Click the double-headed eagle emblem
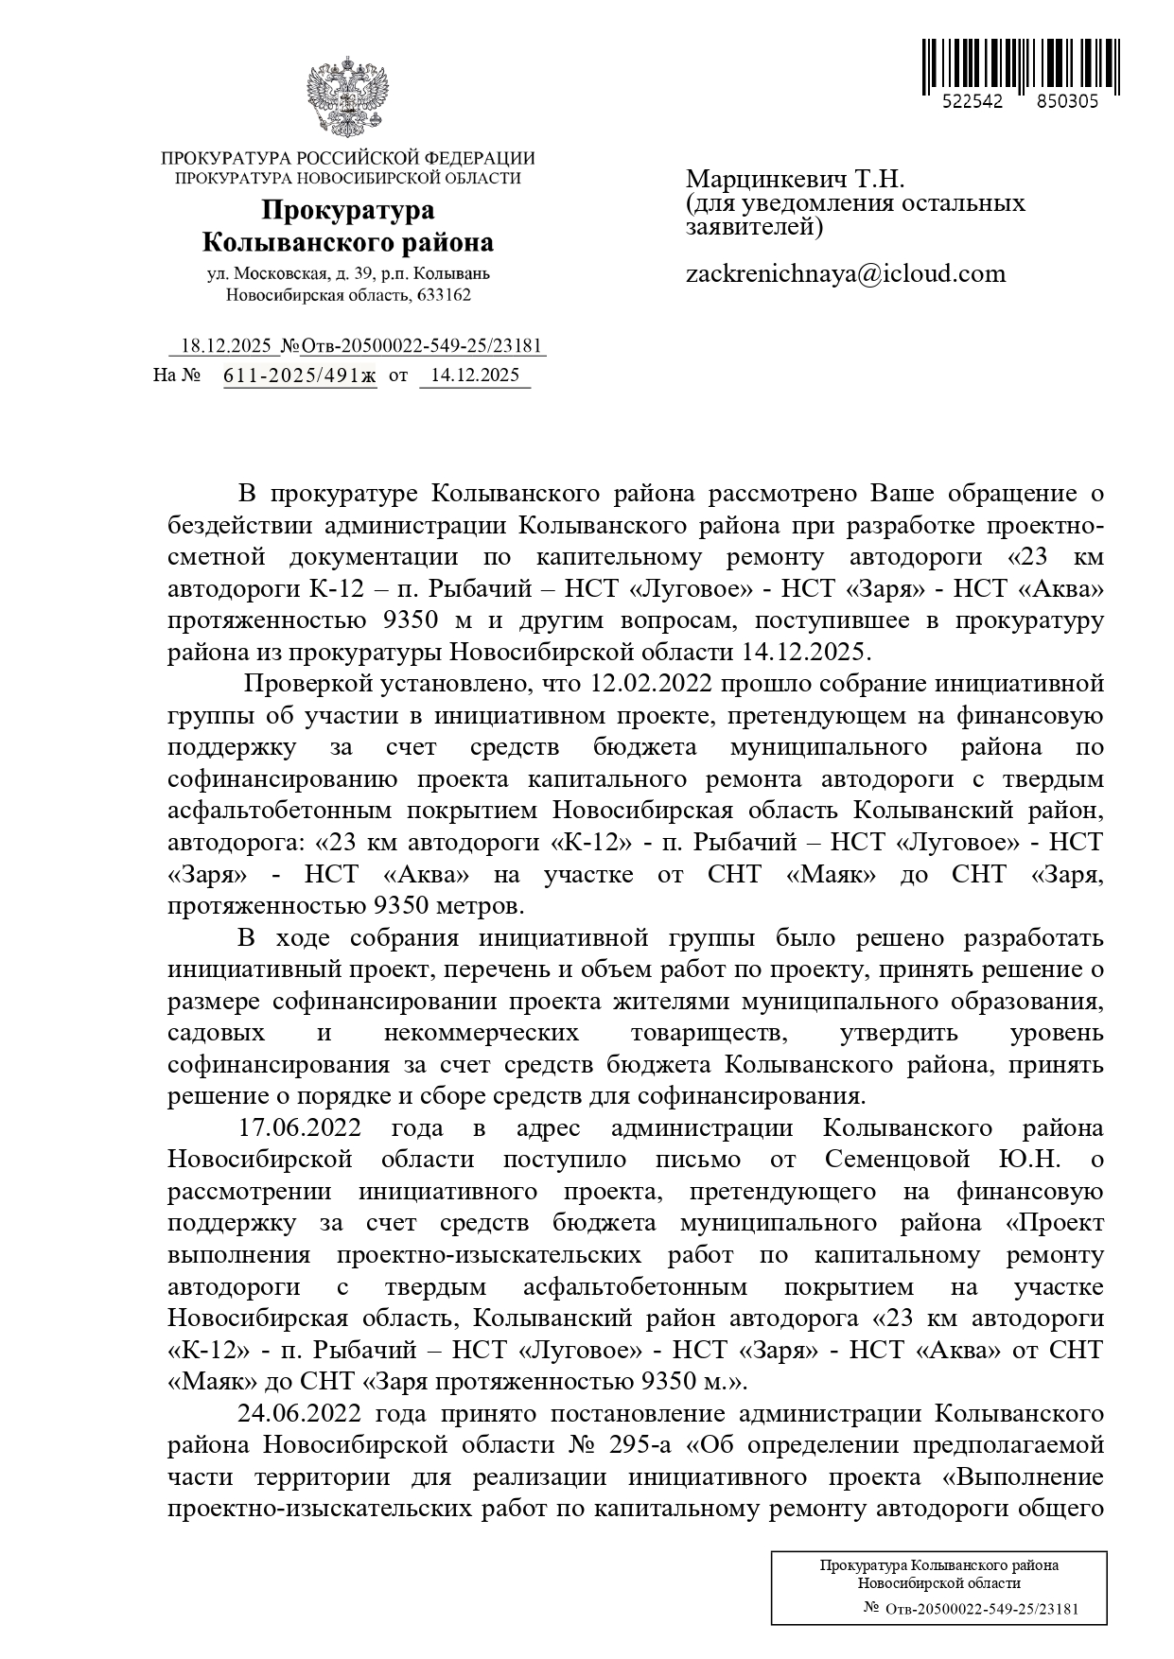click(347, 99)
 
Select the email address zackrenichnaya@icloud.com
click(845, 274)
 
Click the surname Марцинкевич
click(765, 180)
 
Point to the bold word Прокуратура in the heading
click(347, 210)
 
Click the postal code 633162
click(444, 295)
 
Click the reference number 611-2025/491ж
click(299, 375)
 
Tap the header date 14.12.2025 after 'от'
click(474, 375)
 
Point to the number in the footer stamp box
click(983, 1609)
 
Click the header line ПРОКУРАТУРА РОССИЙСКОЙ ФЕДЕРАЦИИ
click(347, 159)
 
